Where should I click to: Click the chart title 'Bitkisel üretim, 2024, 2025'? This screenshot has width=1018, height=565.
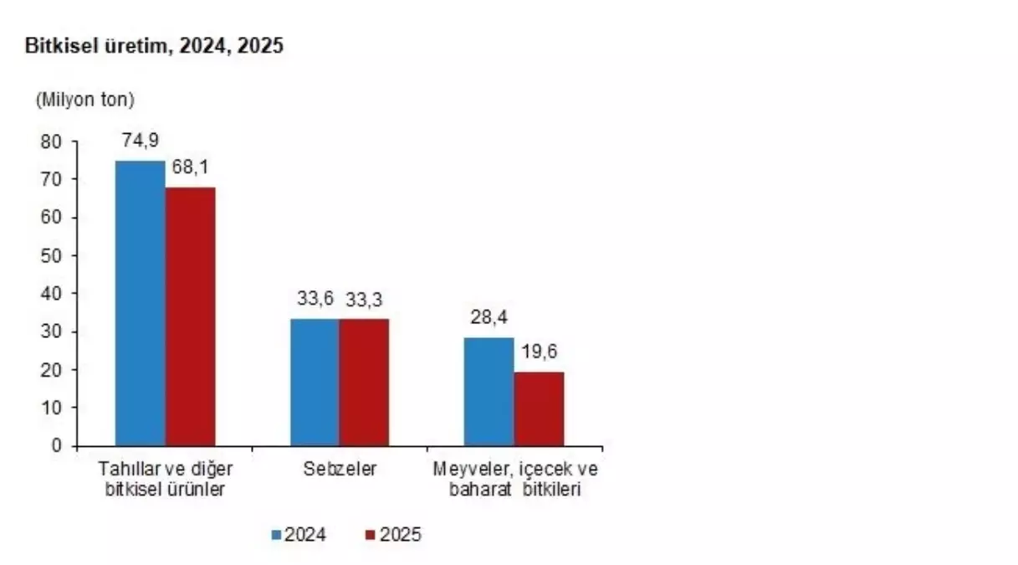[155, 46]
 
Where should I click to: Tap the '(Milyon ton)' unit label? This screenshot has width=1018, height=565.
[84, 100]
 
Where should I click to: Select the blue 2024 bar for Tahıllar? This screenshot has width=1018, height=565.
[140, 302]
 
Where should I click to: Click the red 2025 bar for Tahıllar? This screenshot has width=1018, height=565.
[190, 316]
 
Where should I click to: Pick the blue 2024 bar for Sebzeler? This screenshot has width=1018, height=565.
[315, 382]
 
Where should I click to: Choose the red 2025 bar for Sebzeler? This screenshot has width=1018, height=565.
[364, 382]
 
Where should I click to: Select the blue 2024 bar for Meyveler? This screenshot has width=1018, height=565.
[489, 391]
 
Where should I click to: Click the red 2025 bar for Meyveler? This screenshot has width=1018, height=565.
[539, 408]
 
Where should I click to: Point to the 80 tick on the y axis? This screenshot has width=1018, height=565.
[53, 141]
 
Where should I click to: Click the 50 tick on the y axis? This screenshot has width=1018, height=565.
[53, 255]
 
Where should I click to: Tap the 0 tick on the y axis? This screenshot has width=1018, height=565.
[57, 445]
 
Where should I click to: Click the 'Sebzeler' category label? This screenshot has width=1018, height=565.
[340, 469]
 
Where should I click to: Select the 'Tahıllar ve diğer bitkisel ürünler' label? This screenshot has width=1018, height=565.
[165, 480]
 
